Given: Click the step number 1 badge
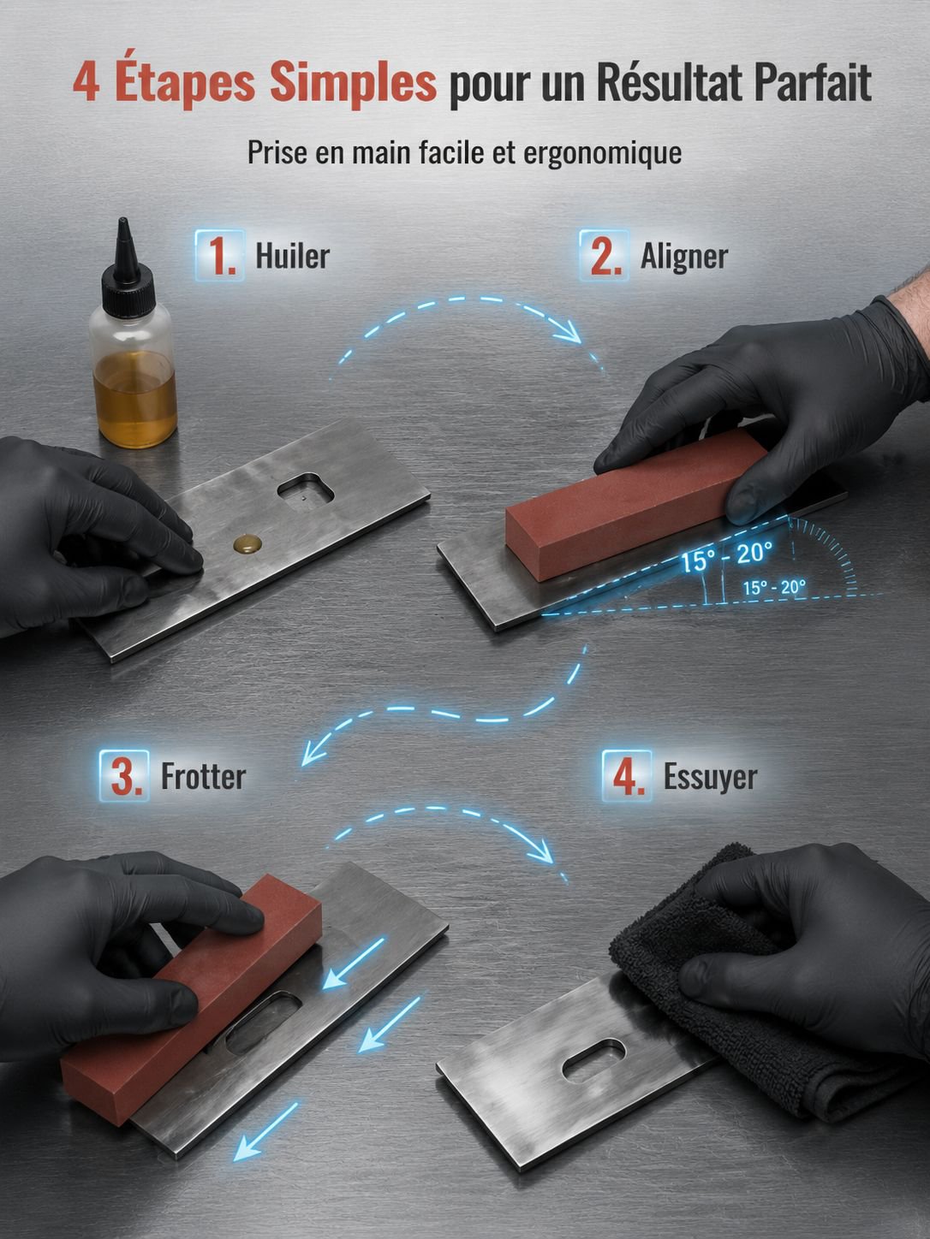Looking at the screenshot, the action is (x=219, y=255).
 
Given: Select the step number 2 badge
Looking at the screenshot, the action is (x=604, y=255).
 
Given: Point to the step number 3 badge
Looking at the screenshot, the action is (x=123, y=775).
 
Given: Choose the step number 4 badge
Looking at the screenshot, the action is (x=627, y=775).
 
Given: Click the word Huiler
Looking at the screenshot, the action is (x=293, y=256).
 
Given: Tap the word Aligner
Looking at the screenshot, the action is (x=684, y=258).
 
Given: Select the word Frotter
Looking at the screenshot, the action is (x=203, y=777).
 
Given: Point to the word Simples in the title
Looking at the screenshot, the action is (x=353, y=84).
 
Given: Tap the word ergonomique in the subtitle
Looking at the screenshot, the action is (x=603, y=153).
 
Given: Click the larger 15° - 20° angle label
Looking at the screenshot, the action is (x=726, y=556).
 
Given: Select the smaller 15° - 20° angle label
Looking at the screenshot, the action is (x=774, y=588).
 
